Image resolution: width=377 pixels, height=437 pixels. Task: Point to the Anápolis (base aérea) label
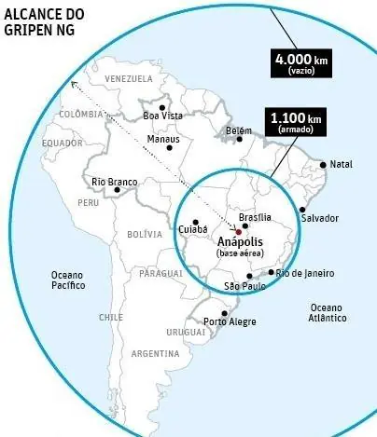coord(240,246)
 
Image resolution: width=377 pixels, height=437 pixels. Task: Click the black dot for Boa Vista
coord(161,107)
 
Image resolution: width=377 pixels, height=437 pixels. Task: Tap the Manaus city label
coord(163,140)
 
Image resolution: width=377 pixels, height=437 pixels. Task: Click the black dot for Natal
coord(323,165)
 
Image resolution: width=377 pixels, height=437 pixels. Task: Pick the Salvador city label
coord(319,218)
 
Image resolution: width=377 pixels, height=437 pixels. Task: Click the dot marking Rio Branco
coord(117,190)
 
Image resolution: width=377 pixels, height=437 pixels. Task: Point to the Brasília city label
coord(255,216)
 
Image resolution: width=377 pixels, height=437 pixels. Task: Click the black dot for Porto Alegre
coord(224,312)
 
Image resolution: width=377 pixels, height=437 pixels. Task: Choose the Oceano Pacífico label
coord(68,280)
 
